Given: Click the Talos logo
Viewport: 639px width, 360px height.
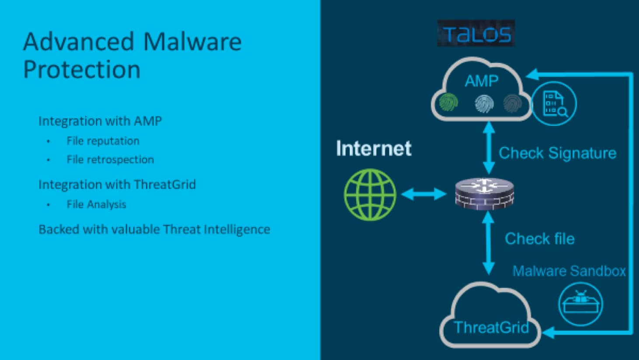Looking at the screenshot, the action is [476, 33].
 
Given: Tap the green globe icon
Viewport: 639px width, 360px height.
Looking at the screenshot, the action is [370, 195].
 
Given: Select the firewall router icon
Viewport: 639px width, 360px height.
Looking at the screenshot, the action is [485, 194].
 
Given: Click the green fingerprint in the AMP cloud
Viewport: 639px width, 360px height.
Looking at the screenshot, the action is [448, 102].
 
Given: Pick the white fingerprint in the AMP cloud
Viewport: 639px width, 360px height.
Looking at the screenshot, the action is [484, 104].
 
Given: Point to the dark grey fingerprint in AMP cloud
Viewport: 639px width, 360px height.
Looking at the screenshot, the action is [513, 103].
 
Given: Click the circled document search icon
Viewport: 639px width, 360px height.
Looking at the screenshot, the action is [554, 104].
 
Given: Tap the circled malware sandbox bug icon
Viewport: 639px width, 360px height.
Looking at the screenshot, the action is [580, 304].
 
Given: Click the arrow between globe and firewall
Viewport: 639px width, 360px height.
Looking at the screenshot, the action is [424, 194].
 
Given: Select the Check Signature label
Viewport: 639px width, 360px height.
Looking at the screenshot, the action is [557, 153].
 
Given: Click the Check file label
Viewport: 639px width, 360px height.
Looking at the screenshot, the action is [540, 239].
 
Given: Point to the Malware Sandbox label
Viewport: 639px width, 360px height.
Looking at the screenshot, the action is [569, 271].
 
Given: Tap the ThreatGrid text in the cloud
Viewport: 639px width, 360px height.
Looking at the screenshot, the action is [491, 327].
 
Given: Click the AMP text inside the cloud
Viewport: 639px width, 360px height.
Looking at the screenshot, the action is [482, 81].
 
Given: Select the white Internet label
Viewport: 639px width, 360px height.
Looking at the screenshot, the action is [374, 148].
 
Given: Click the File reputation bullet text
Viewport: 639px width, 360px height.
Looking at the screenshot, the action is [103, 141].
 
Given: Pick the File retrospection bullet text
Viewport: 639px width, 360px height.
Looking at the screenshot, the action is [111, 160].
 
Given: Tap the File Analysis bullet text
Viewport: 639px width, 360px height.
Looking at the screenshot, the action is [97, 204].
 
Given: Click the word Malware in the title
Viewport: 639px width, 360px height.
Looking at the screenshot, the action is [193, 42].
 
